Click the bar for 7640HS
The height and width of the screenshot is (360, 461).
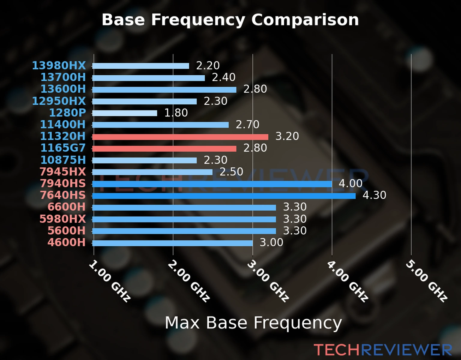[224, 196]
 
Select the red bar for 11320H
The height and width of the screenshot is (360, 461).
[180, 137]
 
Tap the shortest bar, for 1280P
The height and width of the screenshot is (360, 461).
[125, 113]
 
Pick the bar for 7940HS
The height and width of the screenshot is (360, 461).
[212, 184]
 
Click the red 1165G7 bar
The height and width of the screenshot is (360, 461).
[164, 148]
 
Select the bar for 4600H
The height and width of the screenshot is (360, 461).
[172, 243]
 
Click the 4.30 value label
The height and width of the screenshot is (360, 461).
[374, 195]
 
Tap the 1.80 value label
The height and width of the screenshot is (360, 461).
[176, 113]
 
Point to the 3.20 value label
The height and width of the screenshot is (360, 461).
[287, 136]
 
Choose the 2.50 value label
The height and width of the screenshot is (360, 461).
[231, 172]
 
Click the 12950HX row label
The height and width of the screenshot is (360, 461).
[59, 101]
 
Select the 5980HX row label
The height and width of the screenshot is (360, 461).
[63, 219]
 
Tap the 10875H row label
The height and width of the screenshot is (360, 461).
[63, 160]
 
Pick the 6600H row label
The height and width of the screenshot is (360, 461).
[67, 207]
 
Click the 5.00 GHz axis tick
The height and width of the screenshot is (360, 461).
[426, 280]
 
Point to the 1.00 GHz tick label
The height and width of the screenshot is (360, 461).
[110, 280]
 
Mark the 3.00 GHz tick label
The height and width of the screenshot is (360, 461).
[268, 280]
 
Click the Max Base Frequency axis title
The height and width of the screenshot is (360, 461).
[253, 323]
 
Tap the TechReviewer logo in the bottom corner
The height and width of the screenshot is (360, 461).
[383, 350]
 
